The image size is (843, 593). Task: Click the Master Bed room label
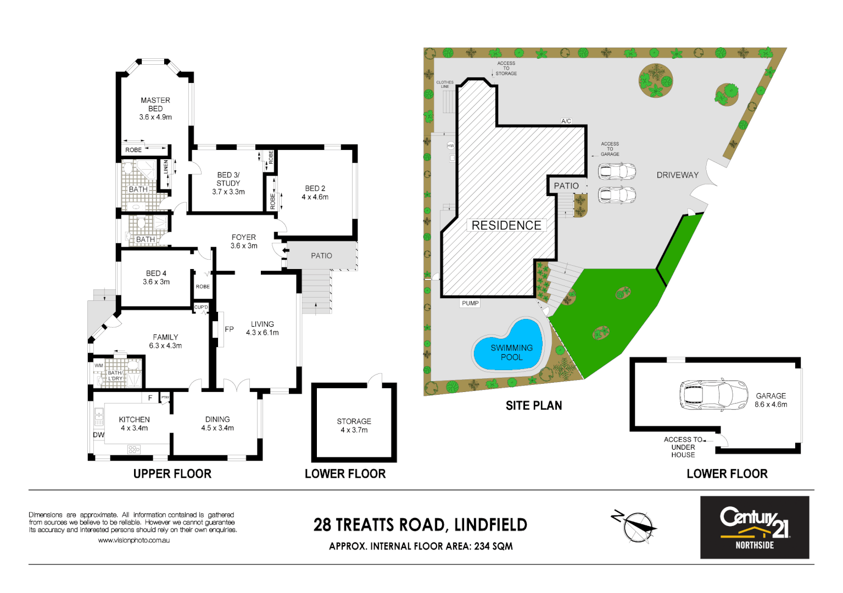[155, 104]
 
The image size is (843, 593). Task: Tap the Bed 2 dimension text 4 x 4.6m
[315, 197]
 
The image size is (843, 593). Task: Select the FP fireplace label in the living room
[229, 329]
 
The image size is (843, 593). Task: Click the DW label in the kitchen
[98, 435]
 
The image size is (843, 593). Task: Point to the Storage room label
[354, 421]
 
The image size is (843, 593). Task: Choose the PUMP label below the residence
[470, 303]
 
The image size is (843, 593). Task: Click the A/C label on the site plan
[566, 121]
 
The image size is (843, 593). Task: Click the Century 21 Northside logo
[754, 528]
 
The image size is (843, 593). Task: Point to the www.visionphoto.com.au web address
[133, 540]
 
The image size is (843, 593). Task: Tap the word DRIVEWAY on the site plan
[677, 175]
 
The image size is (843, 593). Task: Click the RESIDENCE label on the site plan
[506, 226]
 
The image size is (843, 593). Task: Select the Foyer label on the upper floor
[243, 238]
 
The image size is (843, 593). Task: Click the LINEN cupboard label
[166, 167]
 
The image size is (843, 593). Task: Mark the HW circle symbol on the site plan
[450, 146]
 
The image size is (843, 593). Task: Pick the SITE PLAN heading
[533, 406]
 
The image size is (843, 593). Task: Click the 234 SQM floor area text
[493, 546]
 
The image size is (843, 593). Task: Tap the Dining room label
[217, 419]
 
